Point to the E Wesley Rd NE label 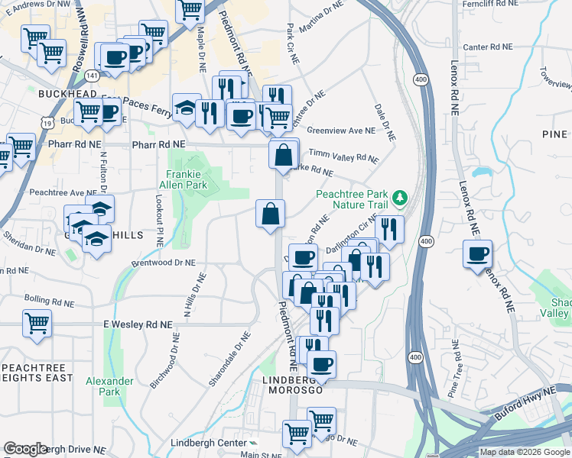click(138, 324)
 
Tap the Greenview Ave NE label click(341, 131)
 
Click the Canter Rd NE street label click(487, 47)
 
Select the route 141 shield click(93, 76)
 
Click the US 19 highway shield click(48, 122)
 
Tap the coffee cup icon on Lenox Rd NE click(478, 253)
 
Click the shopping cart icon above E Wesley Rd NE click(37, 323)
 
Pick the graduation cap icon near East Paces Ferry click(184, 108)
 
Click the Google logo click(26, 449)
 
